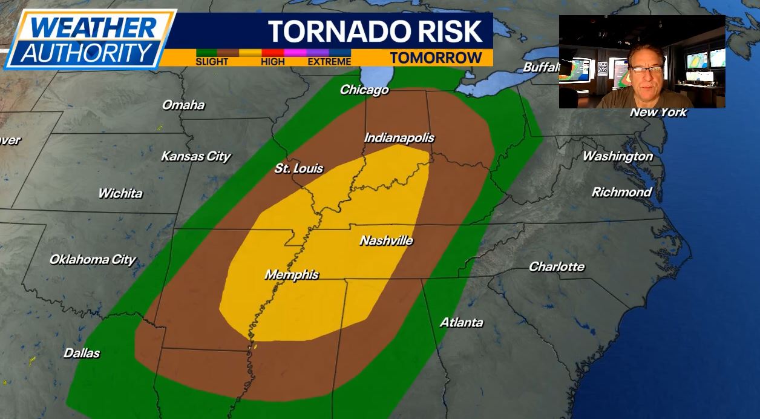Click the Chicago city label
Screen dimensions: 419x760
point(364,90)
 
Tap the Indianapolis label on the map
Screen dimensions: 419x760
point(399,138)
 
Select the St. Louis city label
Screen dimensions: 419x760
point(299,168)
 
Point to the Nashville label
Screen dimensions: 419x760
point(386,240)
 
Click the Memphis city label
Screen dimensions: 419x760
point(292,275)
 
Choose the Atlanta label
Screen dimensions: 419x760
point(461,323)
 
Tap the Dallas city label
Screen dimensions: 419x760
point(82,353)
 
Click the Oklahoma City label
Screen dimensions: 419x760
point(93,260)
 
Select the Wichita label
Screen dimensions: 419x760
point(120,194)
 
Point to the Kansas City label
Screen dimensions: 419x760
point(195,156)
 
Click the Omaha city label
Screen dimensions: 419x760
point(183,105)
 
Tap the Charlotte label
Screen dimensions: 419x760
point(557,266)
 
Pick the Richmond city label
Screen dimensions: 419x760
point(621,192)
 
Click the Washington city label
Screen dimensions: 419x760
point(617,156)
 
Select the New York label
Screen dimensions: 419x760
point(658,113)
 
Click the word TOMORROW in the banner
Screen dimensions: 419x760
point(436,58)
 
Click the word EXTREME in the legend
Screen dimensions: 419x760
point(329,62)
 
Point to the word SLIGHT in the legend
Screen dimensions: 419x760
point(212,62)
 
